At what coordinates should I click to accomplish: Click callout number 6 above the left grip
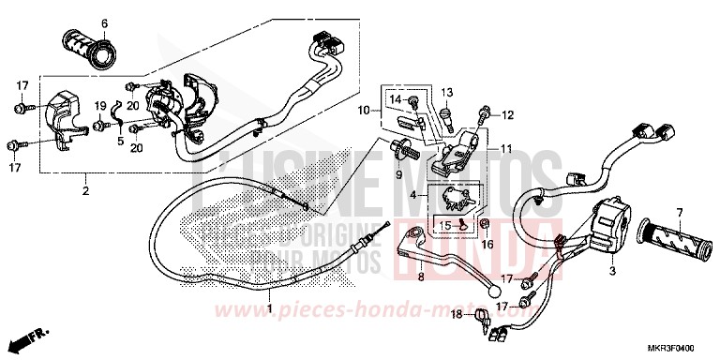pyautogui.click(x=104, y=22)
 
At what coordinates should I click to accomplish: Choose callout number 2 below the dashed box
pyautogui.click(x=85, y=191)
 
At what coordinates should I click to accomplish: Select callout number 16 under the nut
pyautogui.click(x=487, y=244)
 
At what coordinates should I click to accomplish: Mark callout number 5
pyautogui.click(x=120, y=141)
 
